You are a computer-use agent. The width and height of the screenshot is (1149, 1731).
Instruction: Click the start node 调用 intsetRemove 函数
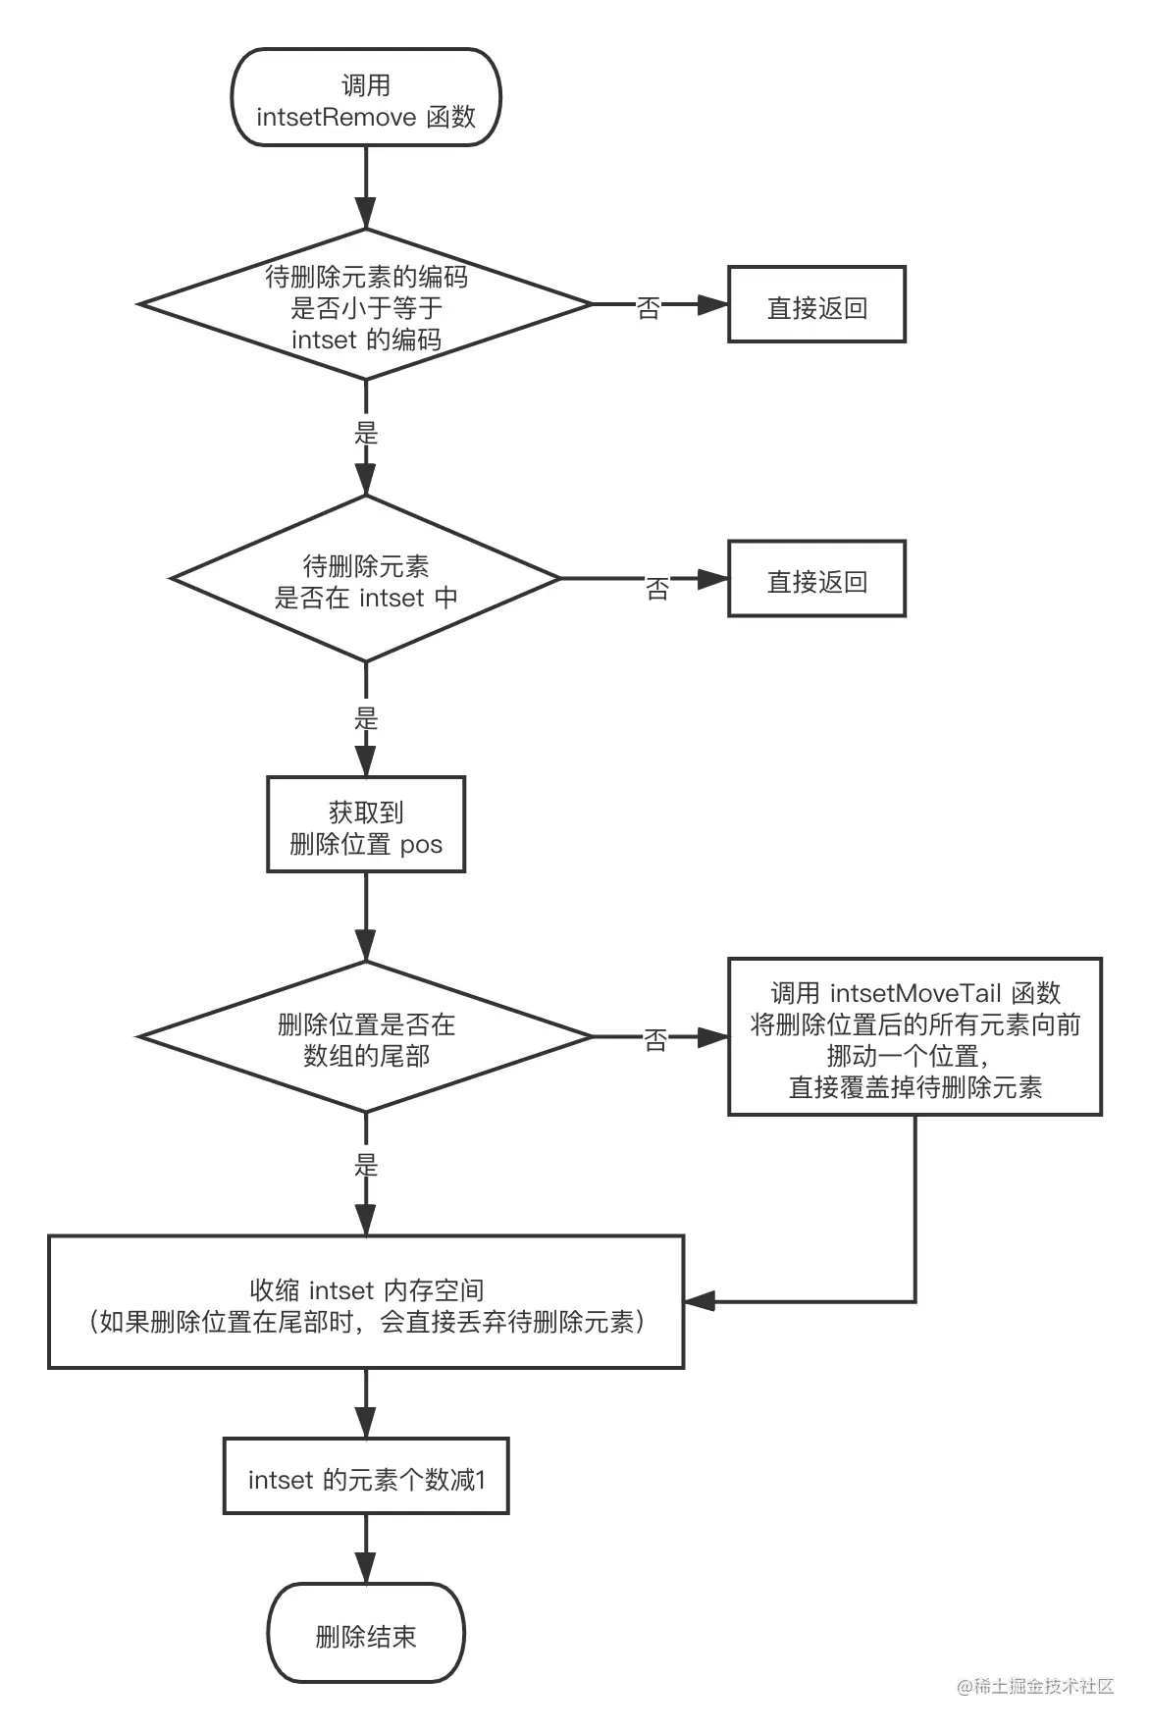click(366, 99)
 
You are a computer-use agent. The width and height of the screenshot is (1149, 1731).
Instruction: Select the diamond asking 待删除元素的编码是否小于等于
click(366, 306)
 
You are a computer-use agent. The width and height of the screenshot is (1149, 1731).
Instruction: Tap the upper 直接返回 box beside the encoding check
click(816, 305)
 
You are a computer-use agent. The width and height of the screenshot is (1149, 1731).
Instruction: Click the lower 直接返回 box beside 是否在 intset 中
click(816, 579)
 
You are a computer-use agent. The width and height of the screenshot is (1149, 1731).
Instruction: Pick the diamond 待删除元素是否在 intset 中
click(366, 580)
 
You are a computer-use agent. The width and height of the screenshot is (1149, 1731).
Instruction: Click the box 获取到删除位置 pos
click(366, 825)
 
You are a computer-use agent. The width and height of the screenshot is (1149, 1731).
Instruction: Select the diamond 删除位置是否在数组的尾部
click(366, 1038)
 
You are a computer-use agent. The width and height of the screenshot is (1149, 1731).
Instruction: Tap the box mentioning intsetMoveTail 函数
click(914, 1037)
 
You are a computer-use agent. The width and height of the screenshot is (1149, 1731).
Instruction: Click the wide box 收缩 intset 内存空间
click(366, 1302)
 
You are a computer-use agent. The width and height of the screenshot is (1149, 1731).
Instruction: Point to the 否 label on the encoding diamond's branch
click(649, 308)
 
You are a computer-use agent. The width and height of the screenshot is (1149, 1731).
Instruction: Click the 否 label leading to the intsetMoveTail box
click(655, 1040)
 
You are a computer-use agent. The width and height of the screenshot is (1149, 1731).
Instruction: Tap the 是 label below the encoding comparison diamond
click(366, 433)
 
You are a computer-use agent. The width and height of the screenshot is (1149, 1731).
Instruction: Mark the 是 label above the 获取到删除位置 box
click(366, 718)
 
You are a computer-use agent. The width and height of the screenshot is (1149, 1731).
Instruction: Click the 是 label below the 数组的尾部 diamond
click(366, 1165)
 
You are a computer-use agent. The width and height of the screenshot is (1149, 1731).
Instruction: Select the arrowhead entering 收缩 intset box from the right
click(698, 1302)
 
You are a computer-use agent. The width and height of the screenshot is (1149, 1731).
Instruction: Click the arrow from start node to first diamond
click(366, 188)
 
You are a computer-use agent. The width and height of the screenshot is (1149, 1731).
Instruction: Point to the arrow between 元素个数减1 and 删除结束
click(366, 1548)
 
